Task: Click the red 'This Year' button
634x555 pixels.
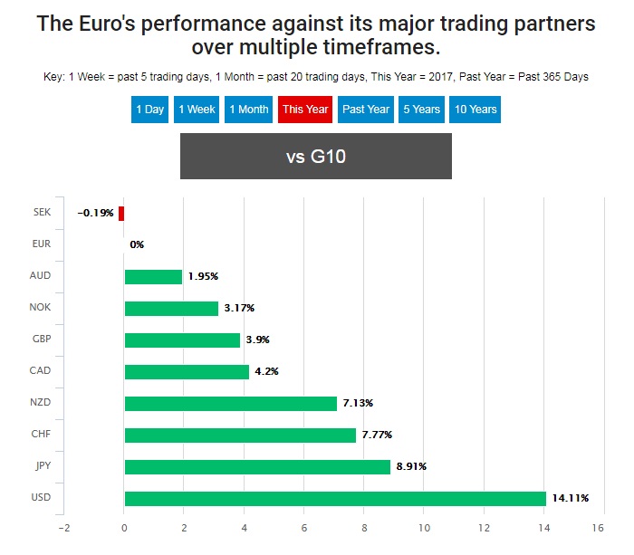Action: pos(304,110)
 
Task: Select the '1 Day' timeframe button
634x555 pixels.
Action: pos(150,110)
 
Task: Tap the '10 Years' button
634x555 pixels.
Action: pos(475,110)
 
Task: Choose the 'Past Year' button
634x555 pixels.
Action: pos(366,110)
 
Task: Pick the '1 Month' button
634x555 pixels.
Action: pos(248,110)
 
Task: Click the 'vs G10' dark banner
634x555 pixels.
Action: pos(316,157)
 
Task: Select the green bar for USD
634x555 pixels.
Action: pos(335,498)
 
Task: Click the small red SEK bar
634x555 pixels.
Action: pos(121,213)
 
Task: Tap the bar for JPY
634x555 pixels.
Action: pos(257,466)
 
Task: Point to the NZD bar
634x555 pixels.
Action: pos(230,403)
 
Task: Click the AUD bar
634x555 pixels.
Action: pos(153,276)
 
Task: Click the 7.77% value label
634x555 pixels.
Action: pos(377,435)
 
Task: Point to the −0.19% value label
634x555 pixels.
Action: pos(96,213)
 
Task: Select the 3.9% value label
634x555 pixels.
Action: pos(257,340)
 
